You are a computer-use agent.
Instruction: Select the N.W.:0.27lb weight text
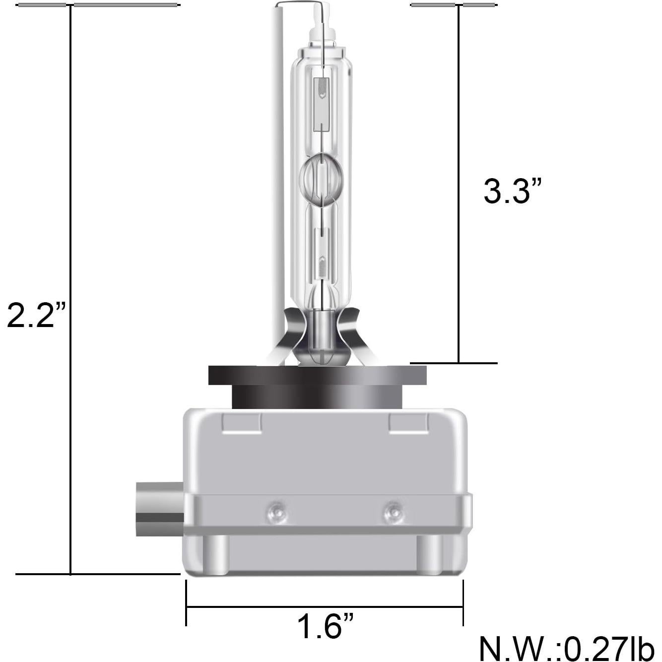(x=566, y=648)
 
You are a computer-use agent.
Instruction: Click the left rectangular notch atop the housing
(x=242, y=423)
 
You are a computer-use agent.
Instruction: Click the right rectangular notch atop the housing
(x=408, y=423)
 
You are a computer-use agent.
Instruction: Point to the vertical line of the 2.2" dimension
(x=71, y=199)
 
